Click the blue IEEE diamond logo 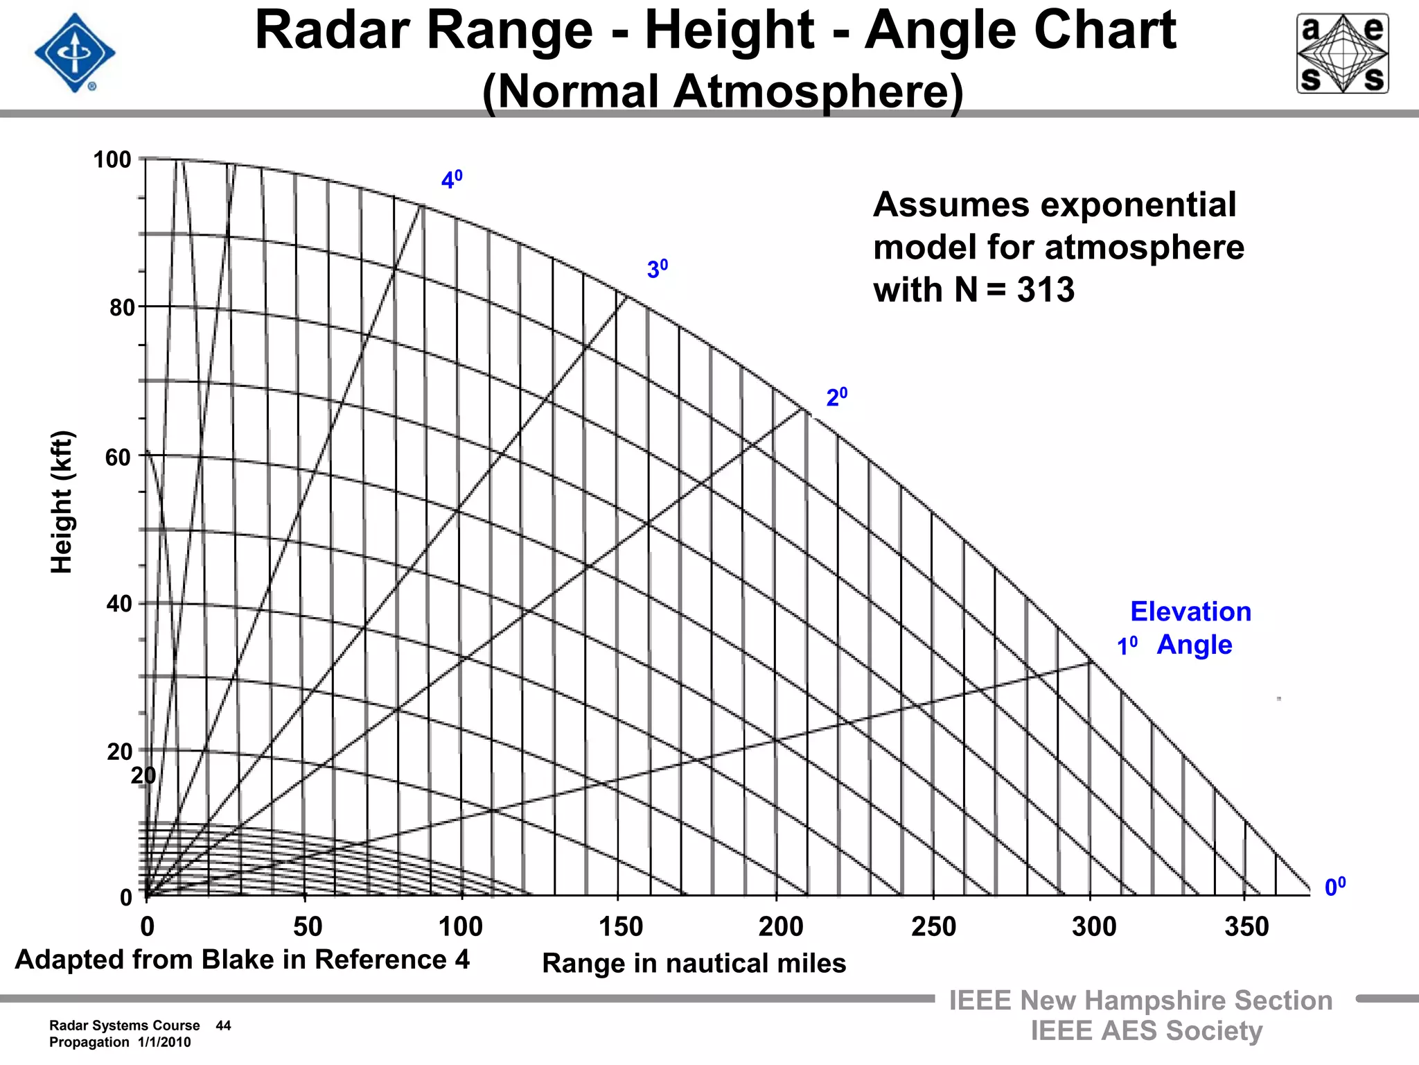point(75,53)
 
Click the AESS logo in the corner point(1342,53)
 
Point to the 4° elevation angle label point(452,180)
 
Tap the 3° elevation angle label point(657,268)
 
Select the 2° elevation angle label point(836,397)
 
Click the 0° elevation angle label point(1334,887)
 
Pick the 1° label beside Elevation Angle point(1127,646)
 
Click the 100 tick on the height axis point(112,159)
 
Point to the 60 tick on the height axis point(118,458)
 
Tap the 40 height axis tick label point(119,604)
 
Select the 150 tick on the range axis point(621,926)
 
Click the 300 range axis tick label point(1094,926)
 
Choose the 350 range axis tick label point(1246,926)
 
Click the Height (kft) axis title point(62,502)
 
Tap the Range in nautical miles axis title point(694,963)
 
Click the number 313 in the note point(1046,289)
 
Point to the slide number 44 point(223,1025)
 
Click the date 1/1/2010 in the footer point(164,1042)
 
